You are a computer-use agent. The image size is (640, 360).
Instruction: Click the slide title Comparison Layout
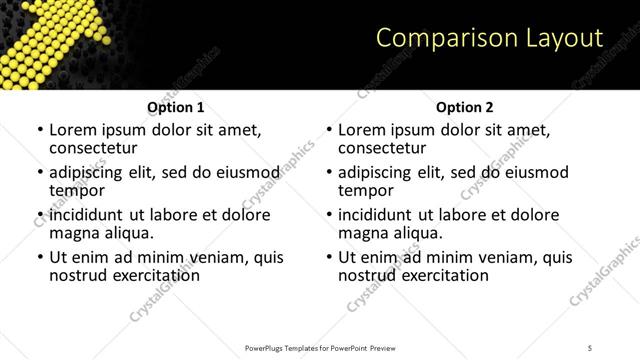point(489,38)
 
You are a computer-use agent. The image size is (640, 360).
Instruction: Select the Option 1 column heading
point(176,107)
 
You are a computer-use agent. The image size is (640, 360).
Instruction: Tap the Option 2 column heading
point(465,107)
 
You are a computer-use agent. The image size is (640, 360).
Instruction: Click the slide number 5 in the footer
point(590,347)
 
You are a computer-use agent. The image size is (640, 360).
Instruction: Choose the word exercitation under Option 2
point(443,275)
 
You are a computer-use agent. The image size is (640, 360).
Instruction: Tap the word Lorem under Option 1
point(72,130)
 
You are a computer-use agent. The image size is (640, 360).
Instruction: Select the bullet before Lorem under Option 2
point(330,130)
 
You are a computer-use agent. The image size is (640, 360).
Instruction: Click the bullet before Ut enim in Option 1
point(41,257)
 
